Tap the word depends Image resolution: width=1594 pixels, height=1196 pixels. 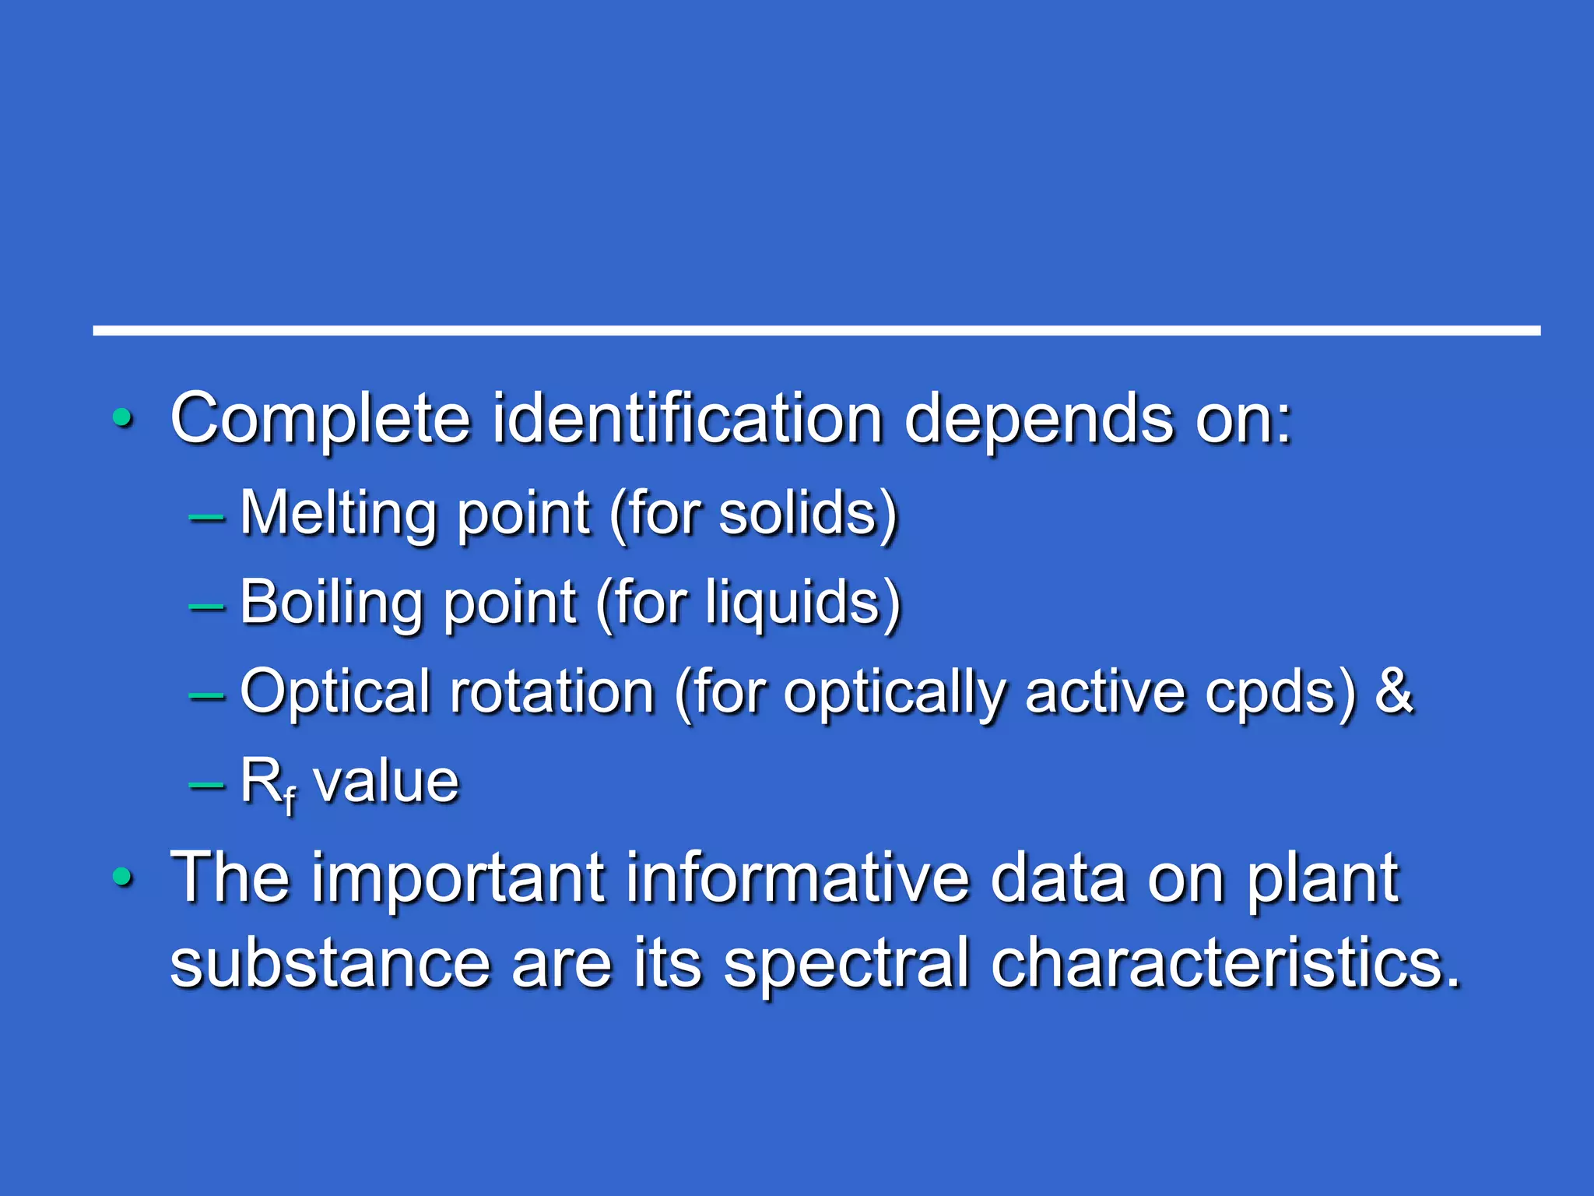[x=1038, y=420]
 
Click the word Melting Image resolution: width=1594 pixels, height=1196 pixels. [x=339, y=514]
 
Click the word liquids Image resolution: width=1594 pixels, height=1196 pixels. [x=793, y=603]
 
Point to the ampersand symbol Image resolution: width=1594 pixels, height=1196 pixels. [x=1394, y=691]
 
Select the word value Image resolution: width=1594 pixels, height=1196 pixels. [x=386, y=783]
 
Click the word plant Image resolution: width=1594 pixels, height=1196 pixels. [x=1323, y=880]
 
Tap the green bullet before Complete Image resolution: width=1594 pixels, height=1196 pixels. [x=122, y=418]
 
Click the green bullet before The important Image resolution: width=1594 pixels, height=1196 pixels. [x=122, y=878]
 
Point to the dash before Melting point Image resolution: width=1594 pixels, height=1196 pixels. [x=206, y=515]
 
